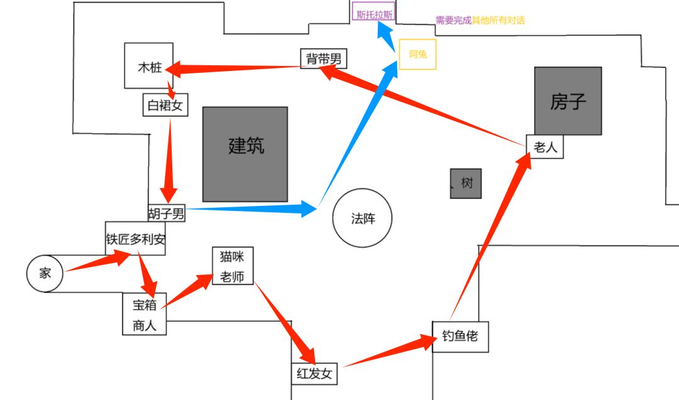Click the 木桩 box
[148, 66]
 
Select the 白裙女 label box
[165, 105]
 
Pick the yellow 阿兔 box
[417, 55]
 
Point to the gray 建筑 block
[245, 154]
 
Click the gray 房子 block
[568, 100]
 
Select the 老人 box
[544, 147]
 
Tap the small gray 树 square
[466, 183]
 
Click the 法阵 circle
[362, 219]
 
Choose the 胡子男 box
[167, 214]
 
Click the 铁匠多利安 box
[135, 238]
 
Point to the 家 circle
[44, 274]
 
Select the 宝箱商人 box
[145, 314]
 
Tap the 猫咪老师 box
[233, 266]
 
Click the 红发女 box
[314, 373]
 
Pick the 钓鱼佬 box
[460, 336]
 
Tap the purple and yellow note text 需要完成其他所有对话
[480, 20]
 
